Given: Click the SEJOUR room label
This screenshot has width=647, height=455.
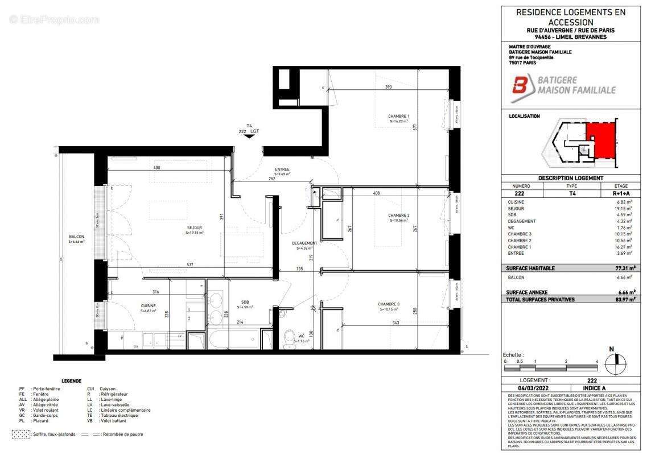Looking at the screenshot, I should coord(195,228).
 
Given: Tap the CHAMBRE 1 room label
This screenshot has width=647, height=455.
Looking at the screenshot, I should coord(399,117).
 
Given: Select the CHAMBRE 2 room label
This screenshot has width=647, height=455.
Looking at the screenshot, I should coord(399,215).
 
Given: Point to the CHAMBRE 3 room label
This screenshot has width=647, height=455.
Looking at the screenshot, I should coord(389,304).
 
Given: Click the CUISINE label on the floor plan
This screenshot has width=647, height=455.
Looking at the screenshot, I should coord(149,305).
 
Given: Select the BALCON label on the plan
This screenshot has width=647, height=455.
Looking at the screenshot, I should coord(76,237).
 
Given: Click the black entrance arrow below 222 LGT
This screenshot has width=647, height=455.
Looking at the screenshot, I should coord(249,136).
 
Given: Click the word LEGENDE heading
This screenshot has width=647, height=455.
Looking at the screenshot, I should coord(71,380).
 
